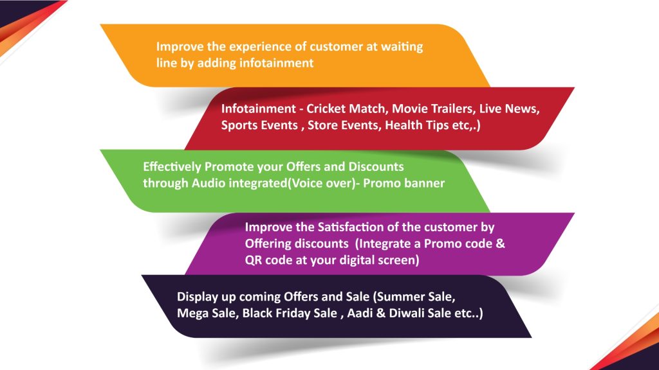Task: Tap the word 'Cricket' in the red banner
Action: coord(326,109)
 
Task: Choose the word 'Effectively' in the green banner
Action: coord(172,167)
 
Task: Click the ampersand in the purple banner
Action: coord(500,243)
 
